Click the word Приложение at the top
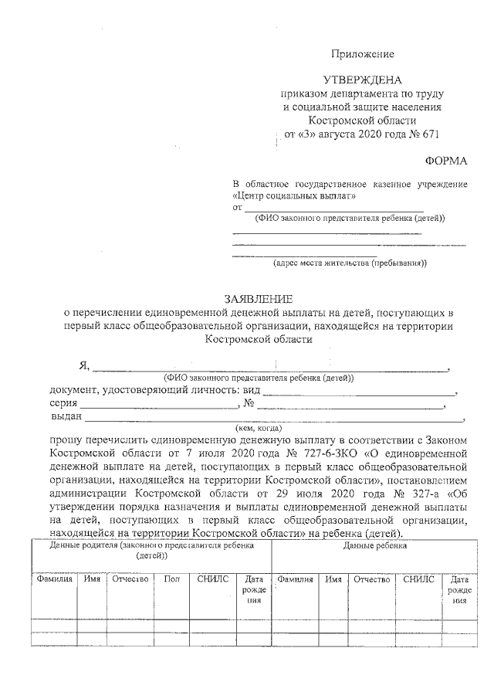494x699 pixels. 363,54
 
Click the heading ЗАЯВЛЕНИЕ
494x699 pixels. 259,298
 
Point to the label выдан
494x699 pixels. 66,416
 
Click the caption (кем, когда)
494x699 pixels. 259,427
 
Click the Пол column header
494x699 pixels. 171,579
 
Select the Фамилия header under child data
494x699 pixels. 295,579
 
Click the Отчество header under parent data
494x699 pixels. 129,579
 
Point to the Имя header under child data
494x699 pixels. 333,579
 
